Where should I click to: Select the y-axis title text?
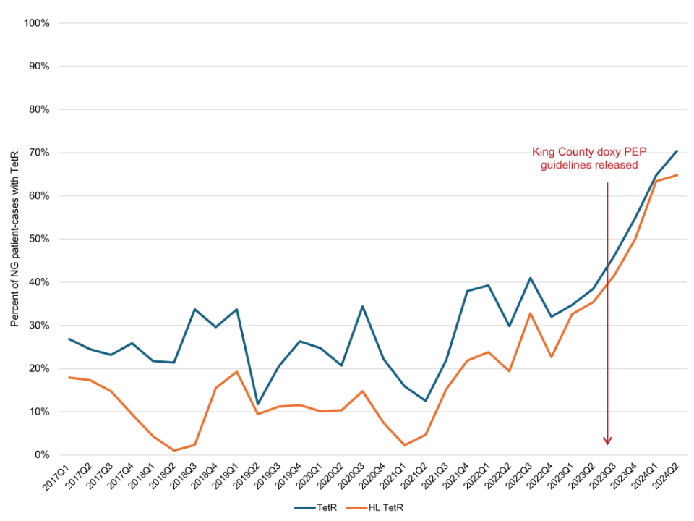pyautogui.click(x=14, y=239)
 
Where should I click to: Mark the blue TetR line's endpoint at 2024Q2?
pyautogui.click(x=677, y=151)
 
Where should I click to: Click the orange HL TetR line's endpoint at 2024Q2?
pyautogui.click(x=677, y=175)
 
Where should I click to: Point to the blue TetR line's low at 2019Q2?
pyautogui.click(x=257, y=404)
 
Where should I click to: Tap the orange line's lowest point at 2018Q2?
pyautogui.click(x=173, y=450)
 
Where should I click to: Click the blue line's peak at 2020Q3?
pyautogui.click(x=363, y=306)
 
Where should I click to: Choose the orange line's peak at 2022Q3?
pyautogui.click(x=531, y=313)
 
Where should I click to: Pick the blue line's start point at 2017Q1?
pyautogui.click(x=68, y=339)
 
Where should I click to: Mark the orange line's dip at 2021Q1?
pyautogui.click(x=405, y=445)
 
